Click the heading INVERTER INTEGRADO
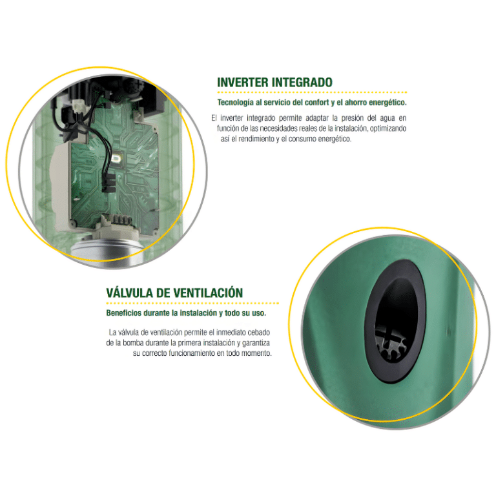(274, 83)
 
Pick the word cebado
(256, 332)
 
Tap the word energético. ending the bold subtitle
(386, 103)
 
